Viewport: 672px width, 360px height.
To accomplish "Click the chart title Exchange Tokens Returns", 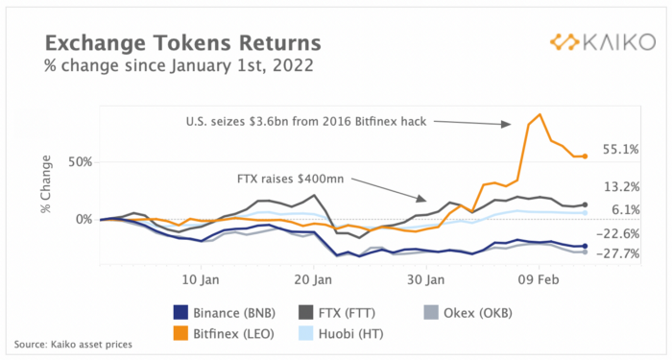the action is point(183,43).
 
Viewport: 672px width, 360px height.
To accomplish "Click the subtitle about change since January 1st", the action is point(180,66).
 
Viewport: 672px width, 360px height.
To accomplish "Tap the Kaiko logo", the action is point(603,42).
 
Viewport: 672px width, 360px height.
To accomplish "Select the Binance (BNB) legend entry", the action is point(224,313).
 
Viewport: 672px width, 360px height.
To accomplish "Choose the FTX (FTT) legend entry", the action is point(337,313).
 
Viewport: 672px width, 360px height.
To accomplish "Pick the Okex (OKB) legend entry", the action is point(468,313).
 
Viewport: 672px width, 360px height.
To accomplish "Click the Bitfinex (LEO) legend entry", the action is point(224,334).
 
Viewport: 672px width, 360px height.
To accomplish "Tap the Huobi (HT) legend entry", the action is point(341,334).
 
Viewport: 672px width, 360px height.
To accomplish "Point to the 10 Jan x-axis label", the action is point(201,280).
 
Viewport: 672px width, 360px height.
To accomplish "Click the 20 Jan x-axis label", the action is point(313,280).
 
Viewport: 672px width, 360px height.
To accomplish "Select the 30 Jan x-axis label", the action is point(426,280).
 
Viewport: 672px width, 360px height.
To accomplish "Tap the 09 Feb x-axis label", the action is point(539,280).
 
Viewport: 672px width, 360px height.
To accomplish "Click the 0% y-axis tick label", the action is point(84,220).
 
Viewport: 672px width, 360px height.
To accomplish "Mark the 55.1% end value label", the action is point(621,150).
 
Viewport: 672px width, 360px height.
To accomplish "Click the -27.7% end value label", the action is point(617,254).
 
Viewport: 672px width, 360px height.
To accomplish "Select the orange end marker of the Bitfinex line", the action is point(585,156).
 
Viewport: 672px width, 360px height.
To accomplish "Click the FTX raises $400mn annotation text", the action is point(291,179).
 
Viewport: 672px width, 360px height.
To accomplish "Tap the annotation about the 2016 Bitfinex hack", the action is point(306,122).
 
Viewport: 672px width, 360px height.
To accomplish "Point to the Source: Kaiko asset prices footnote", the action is point(73,344).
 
